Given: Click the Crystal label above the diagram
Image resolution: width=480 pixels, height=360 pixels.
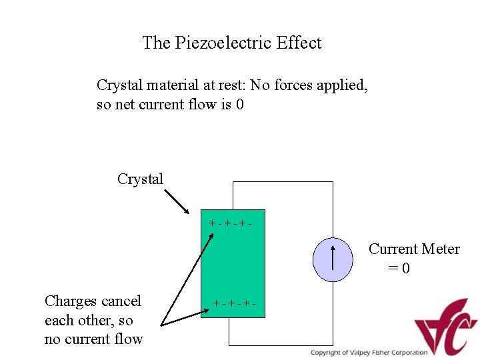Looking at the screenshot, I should (x=140, y=179).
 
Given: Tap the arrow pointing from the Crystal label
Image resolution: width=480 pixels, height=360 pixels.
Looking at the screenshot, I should (x=177, y=202).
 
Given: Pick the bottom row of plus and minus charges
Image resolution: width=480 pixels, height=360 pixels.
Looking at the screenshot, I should (x=234, y=304).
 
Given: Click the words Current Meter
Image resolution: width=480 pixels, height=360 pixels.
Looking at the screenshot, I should (x=414, y=249).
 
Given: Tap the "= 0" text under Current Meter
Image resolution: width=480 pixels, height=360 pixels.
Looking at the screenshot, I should (x=399, y=269).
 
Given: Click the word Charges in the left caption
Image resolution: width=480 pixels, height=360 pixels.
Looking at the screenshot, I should (x=70, y=301).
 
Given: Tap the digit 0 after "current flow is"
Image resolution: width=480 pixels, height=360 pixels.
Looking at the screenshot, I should (x=240, y=105).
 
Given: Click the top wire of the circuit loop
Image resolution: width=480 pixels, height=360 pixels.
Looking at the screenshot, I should (x=280, y=182).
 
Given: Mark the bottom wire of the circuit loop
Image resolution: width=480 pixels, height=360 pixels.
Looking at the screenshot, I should (x=280, y=345).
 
